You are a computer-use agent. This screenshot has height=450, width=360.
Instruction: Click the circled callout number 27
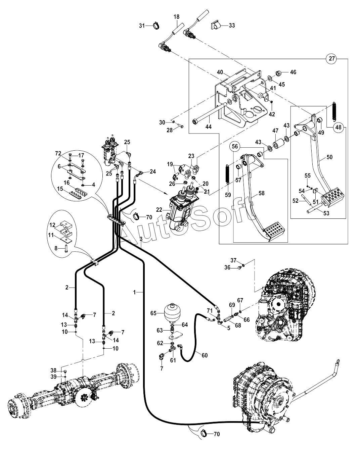point(332,58)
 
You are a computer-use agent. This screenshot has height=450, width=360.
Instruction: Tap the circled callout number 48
point(339,127)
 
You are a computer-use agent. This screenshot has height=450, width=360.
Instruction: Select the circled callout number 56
point(235,146)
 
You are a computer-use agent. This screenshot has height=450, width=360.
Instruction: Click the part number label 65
point(153,313)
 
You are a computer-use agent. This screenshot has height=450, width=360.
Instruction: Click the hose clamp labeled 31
point(156,26)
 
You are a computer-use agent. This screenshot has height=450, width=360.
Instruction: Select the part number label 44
point(209,127)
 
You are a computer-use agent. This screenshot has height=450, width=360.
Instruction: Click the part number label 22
point(159,209)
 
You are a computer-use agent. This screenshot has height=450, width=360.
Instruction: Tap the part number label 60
point(205,355)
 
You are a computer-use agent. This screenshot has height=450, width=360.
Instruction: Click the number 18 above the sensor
point(176,17)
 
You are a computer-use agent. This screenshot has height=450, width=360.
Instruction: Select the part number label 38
point(53,370)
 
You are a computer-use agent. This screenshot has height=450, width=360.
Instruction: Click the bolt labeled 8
point(66,249)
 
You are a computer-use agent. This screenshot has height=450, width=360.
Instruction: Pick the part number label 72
point(58,154)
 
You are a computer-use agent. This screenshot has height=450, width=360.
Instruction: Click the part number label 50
point(329,157)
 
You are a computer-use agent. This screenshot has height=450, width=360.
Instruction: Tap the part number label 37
point(233,260)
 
